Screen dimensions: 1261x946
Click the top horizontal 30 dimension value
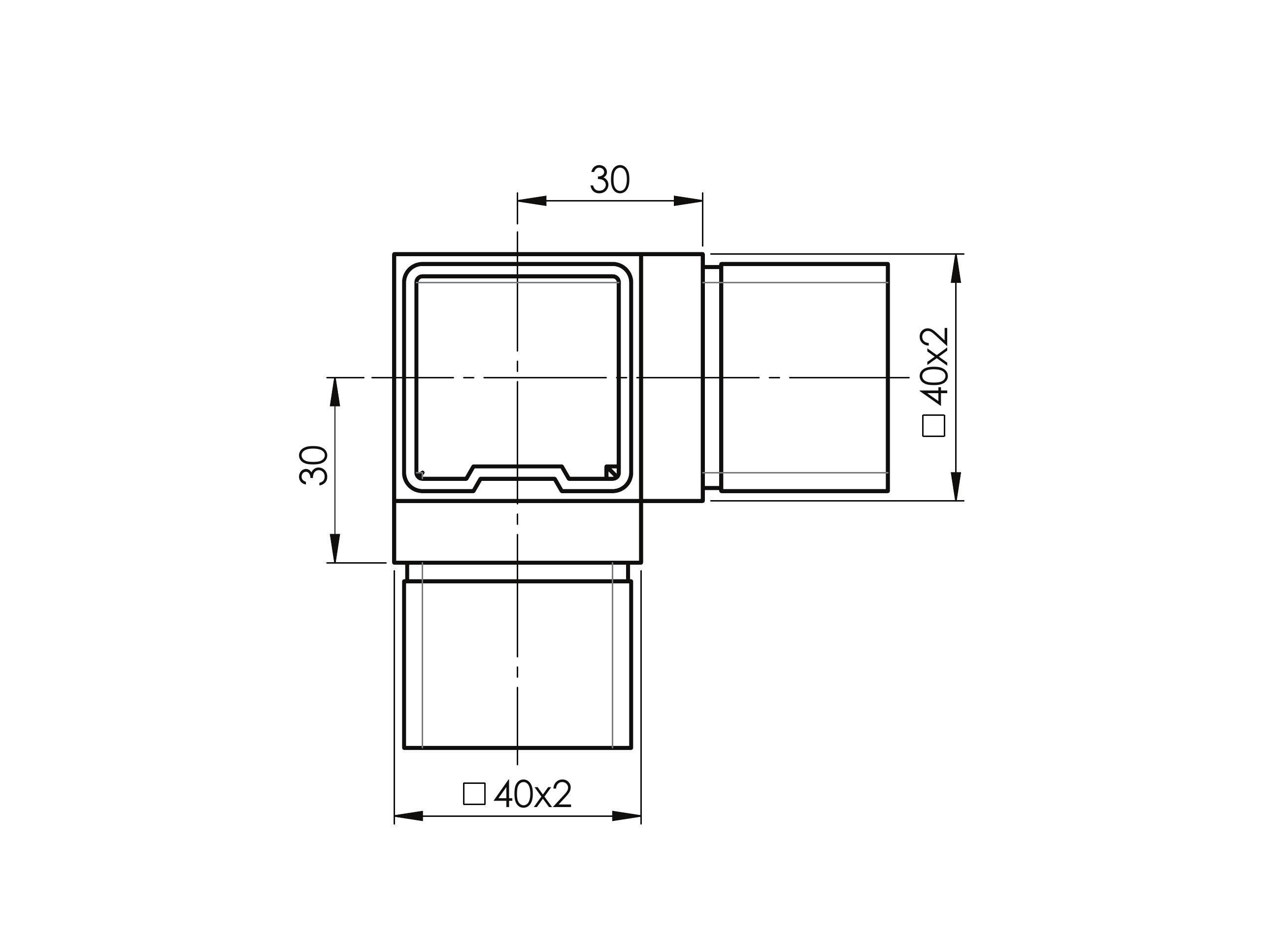click(609, 180)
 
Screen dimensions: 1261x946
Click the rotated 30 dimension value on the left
click(314, 465)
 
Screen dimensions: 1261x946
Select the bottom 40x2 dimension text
click(532, 794)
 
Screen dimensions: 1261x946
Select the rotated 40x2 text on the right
click(935, 366)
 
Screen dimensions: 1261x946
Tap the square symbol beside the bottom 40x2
click(474, 794)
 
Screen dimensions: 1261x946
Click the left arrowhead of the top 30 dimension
click(532, 201)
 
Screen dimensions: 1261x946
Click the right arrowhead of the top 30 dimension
click(688, 201)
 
